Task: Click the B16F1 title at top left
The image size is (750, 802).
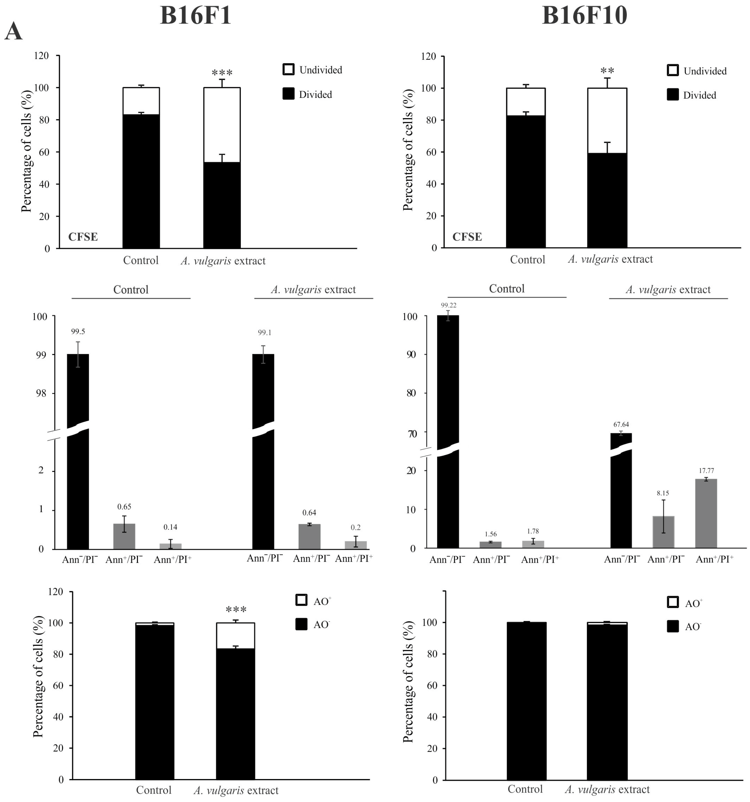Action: (196, 16)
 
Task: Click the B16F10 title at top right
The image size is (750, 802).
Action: (585, 16)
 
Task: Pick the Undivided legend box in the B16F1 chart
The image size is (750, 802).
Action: (288, 70)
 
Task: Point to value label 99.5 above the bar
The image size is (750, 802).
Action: (78, 332)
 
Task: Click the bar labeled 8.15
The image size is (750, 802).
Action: (663, 532)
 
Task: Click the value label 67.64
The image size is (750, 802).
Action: (621, 424)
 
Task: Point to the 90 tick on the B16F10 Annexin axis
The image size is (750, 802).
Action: (411, 355)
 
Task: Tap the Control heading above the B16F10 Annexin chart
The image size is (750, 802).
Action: (507, 289)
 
